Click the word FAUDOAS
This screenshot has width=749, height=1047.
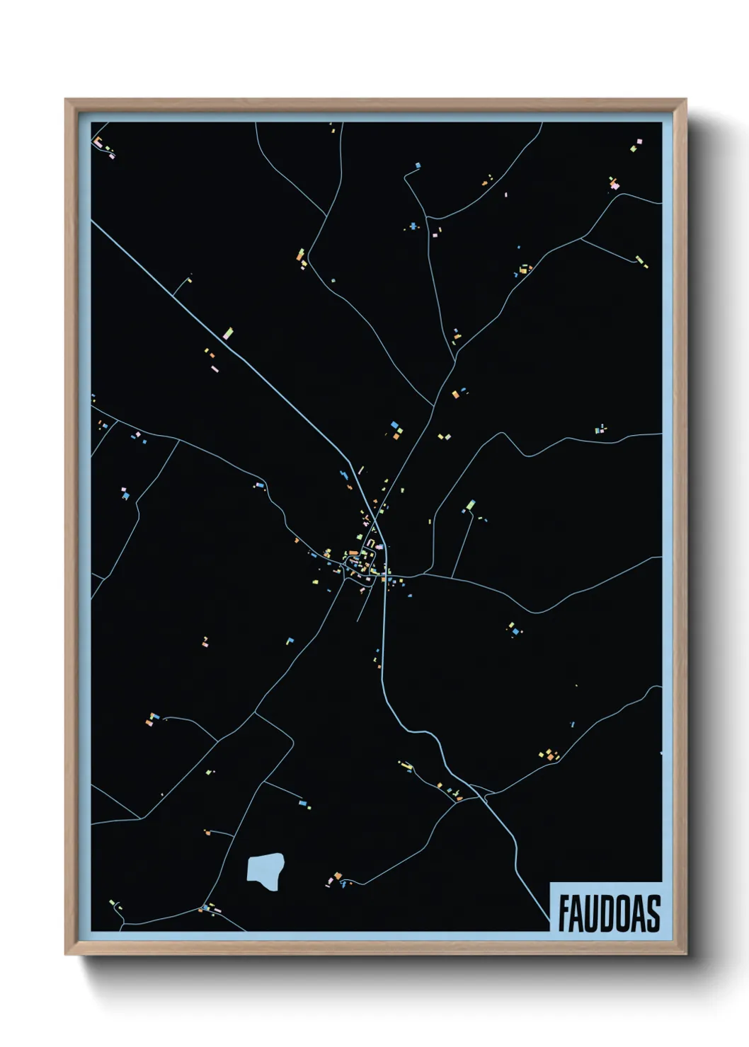[x=609, y=913]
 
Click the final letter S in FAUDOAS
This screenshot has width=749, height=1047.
[x=653, y=913]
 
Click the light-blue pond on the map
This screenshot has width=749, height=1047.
[x=265, y=871]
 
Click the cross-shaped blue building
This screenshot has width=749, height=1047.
[x=413, y=226]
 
